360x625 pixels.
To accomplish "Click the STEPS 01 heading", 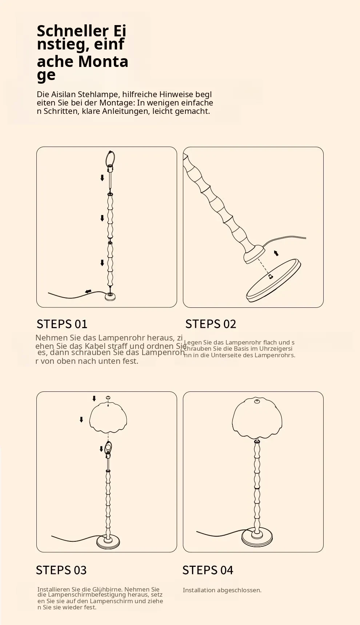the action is [x=62, y=324].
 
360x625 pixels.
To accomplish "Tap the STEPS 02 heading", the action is [x=211, y=324].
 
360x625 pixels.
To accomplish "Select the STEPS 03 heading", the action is [x=61, y=570].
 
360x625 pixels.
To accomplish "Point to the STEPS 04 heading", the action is [x=208, y=570].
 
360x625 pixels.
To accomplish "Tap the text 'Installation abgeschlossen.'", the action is [x=222, y=590].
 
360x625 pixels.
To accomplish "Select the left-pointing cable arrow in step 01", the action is [x=88, y=291].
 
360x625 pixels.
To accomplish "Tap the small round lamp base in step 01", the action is [x=110, y=297].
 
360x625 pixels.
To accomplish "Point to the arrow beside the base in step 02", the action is [x=276, y=253].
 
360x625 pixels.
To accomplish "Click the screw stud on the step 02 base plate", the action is [x=270, y=276].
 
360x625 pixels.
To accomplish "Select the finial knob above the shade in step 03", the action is [x=108, y=398].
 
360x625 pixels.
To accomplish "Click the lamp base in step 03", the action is [x=108, y=542].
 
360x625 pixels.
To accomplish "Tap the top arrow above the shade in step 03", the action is [x=94, y=399].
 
